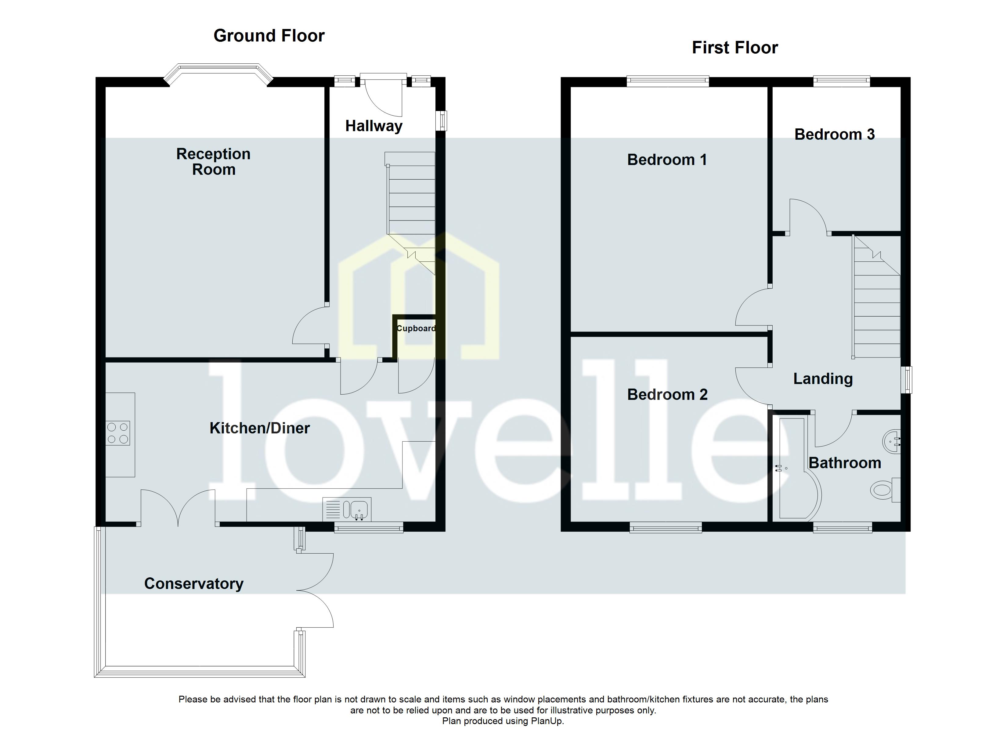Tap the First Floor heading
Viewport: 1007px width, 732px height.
pos(734,48)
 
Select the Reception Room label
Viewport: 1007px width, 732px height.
pos(214,162)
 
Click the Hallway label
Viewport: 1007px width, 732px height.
pos(374,126)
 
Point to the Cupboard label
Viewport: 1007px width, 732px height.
pos(416,328)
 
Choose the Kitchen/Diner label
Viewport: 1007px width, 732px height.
pos(259,428)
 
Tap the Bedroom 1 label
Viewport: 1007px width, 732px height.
pos(666,160)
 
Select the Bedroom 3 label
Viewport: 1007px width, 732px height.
pos(834,135)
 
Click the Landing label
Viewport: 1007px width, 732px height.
pos(823,379)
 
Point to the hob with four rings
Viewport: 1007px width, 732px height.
pos(118,433)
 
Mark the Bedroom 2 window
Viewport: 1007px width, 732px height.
pos(666,528)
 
